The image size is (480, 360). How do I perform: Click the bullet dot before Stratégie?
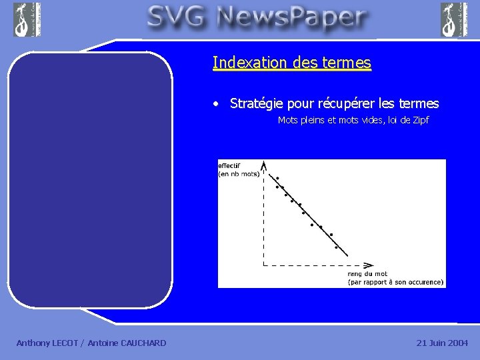click(x=216, y=104)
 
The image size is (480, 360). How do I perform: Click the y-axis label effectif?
click(x=230, y=165)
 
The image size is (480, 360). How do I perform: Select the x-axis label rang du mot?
click(x=367, y=273)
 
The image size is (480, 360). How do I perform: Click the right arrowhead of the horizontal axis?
click(x=368, y=264)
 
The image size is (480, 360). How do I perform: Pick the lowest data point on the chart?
click(x=336, y=248)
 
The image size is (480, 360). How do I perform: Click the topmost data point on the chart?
click(x=277, y=178)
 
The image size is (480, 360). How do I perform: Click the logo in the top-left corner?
click(x=27, y=19)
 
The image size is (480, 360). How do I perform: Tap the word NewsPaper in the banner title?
click(x=293, y=18)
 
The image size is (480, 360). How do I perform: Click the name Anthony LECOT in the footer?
click(x=47, y=343)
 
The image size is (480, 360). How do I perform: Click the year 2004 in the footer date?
click(x=457, y=343)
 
